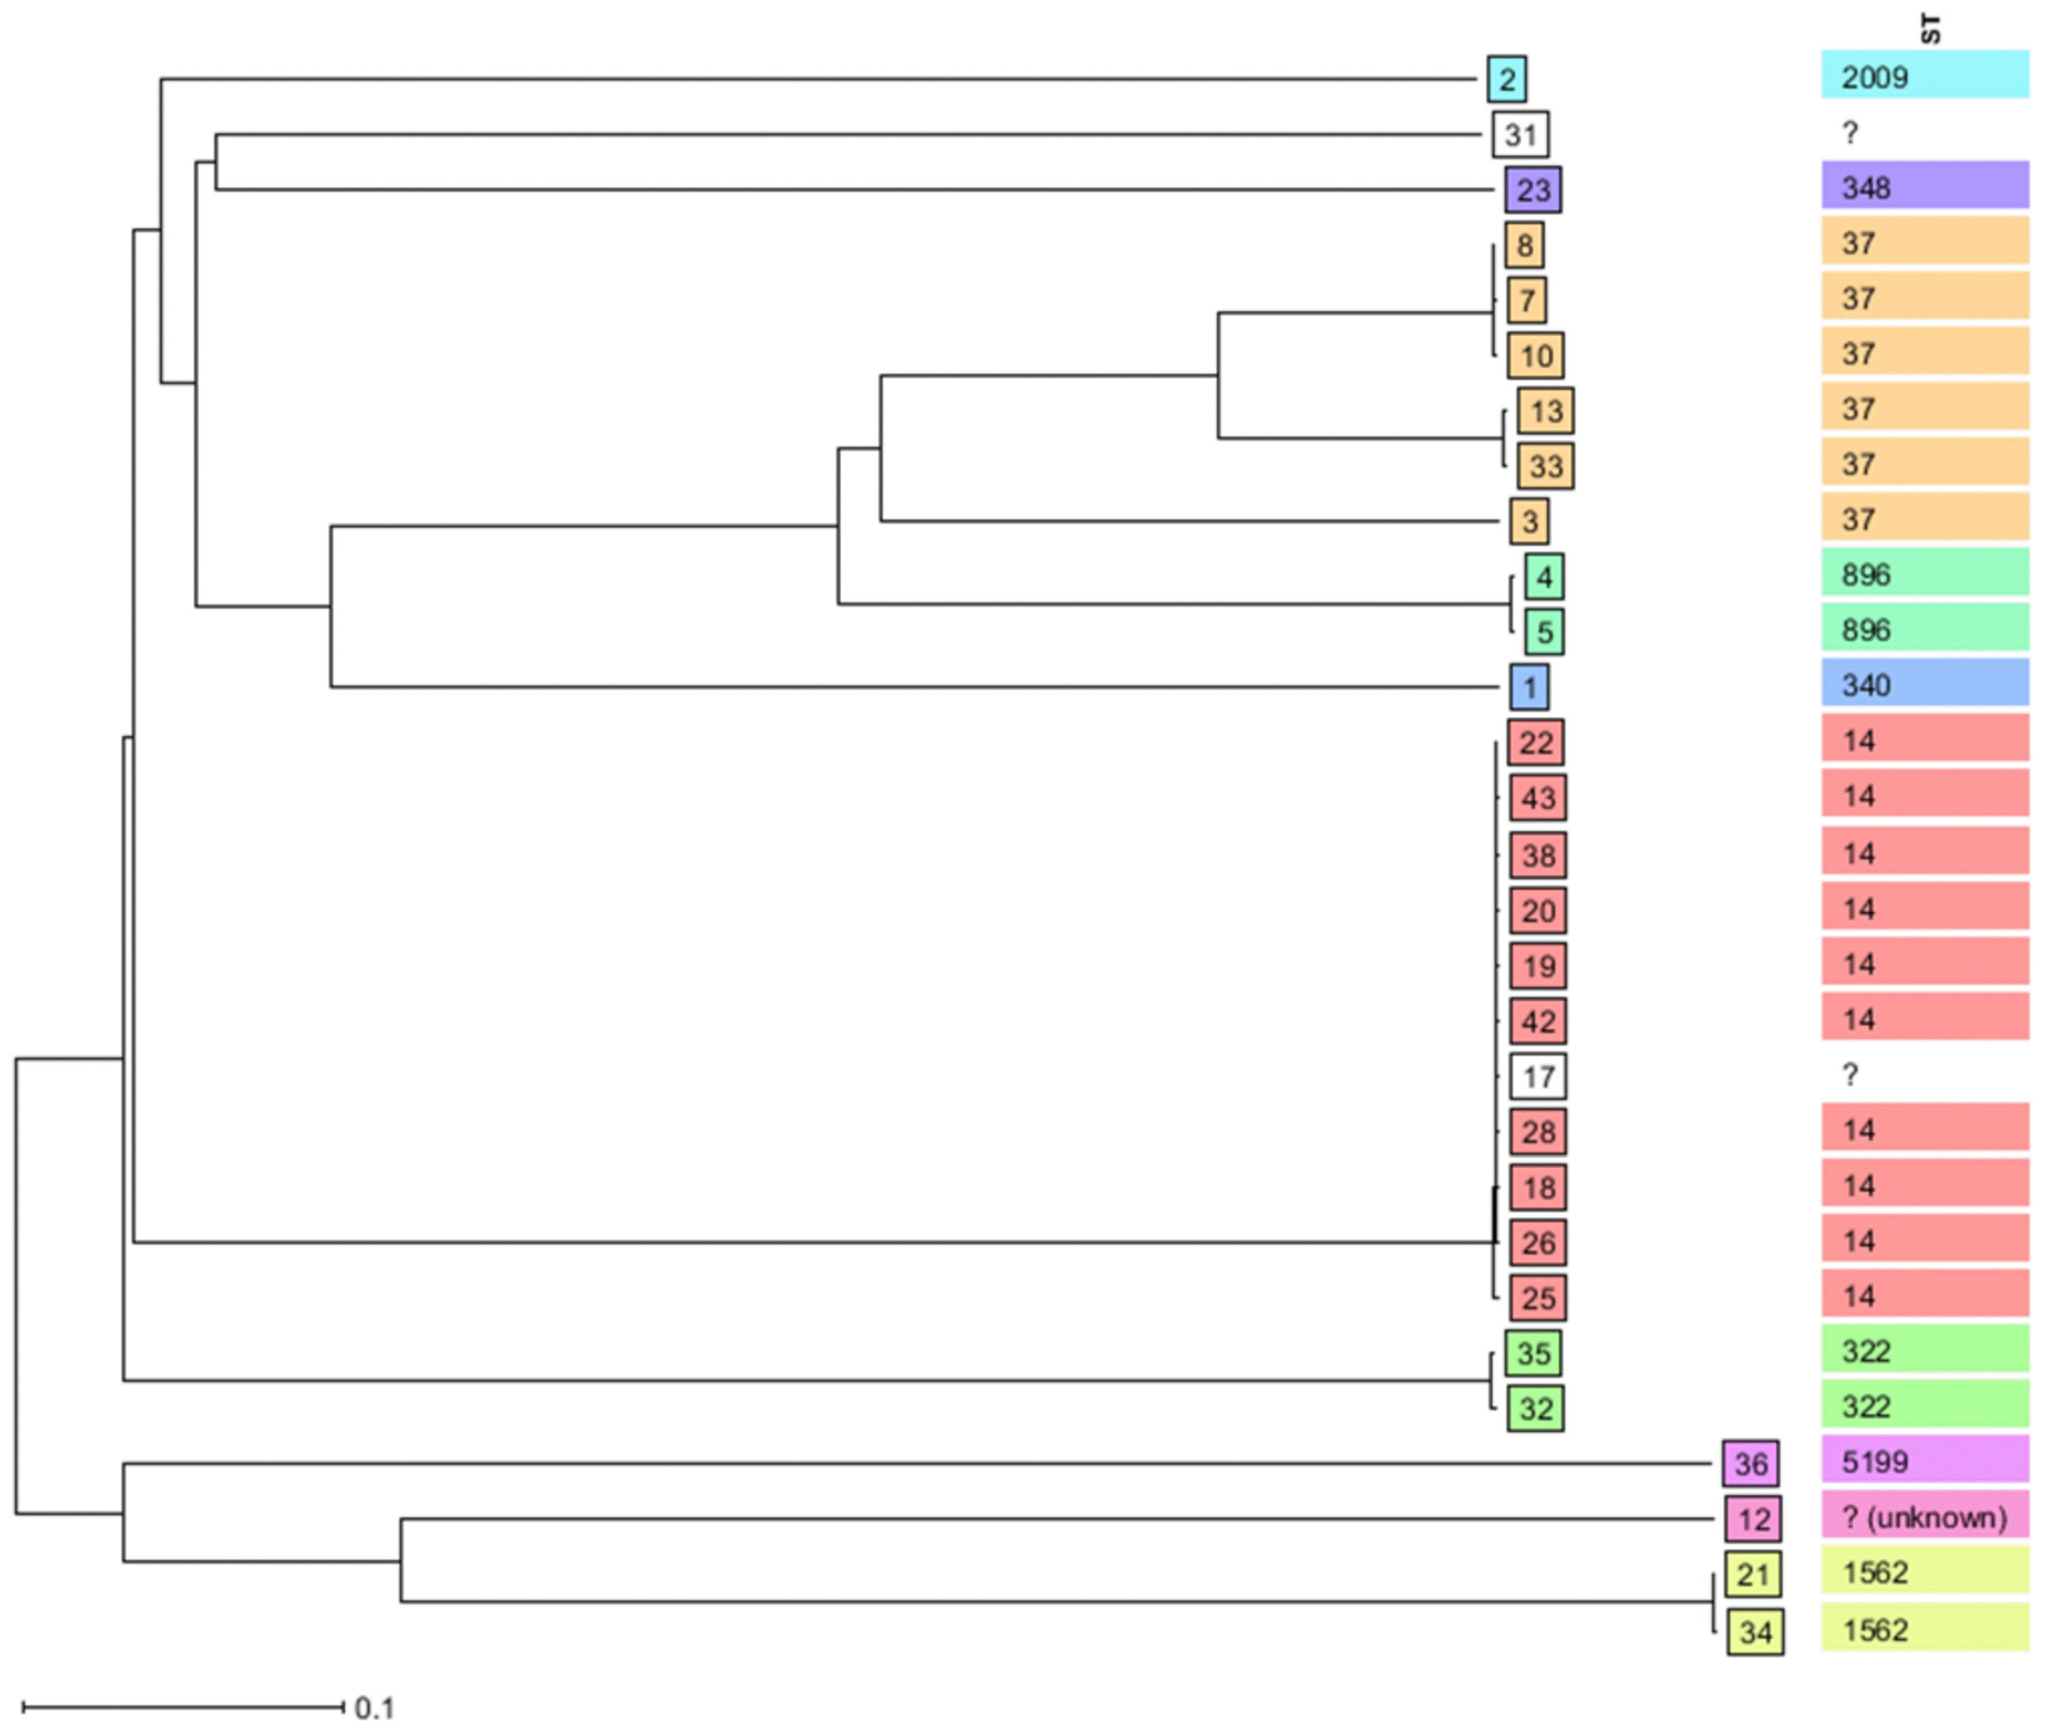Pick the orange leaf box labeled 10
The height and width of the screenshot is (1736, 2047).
pyautogui.click(x=1535, y=355)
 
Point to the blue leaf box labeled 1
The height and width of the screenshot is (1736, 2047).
pyautogui.click(x=1529, y=687)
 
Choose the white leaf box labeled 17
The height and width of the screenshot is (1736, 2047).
pyautogui.click(x=1537, y=1076)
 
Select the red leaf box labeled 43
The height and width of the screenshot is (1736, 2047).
pyautogui.click(x=1537, y=797)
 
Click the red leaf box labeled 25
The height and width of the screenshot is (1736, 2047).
pyautogui.click(x=1537, y=1297)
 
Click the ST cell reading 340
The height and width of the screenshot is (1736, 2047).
pyautogui.click(x=1924, y=684)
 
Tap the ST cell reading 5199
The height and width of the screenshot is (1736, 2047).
pyautogui.click(x=1924, y=1460)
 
